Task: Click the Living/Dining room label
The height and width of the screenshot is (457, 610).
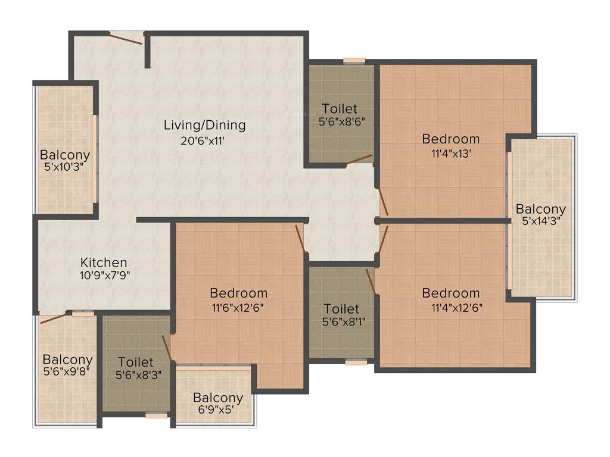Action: pyautogui.click(x=204, y=125)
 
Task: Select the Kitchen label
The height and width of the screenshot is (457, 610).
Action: pyautogui.click(x=104, y=262)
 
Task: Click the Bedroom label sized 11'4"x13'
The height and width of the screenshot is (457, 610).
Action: pyautogui.click(x=450, y=139)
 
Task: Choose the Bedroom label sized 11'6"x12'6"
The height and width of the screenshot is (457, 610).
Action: pyautogui.click(x=238, y=293)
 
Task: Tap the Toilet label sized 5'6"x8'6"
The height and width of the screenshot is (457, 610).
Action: pyautogui.click(x=340, y=108)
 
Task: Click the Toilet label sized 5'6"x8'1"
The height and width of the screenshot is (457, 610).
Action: pyautogui.click(x=341, y=309)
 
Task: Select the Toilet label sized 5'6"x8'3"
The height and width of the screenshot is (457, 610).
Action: pyautogui.click(x=136, y=362)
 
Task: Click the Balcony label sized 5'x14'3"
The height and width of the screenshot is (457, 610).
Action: pyautogui.click(x=540, y=209)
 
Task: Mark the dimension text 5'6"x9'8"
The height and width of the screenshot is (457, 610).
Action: pyautogui.click(x=67, y=374)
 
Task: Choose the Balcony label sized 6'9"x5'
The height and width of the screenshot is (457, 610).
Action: pyautogui.click(x=218, y=397)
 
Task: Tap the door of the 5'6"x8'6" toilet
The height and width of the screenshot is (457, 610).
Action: pyautogui.click(x=359, y=159)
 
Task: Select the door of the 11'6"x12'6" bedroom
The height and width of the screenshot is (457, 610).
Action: pyautogui.click(x=300, y=238)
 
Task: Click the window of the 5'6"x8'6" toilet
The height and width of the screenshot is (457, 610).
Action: pyautogui.click(x=354, y=60)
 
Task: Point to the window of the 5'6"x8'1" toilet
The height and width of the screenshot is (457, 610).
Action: pyautogui.click(x=356, y=361)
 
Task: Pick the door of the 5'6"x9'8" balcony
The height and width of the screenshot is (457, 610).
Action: pyautogui.click(x=54, y=318)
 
